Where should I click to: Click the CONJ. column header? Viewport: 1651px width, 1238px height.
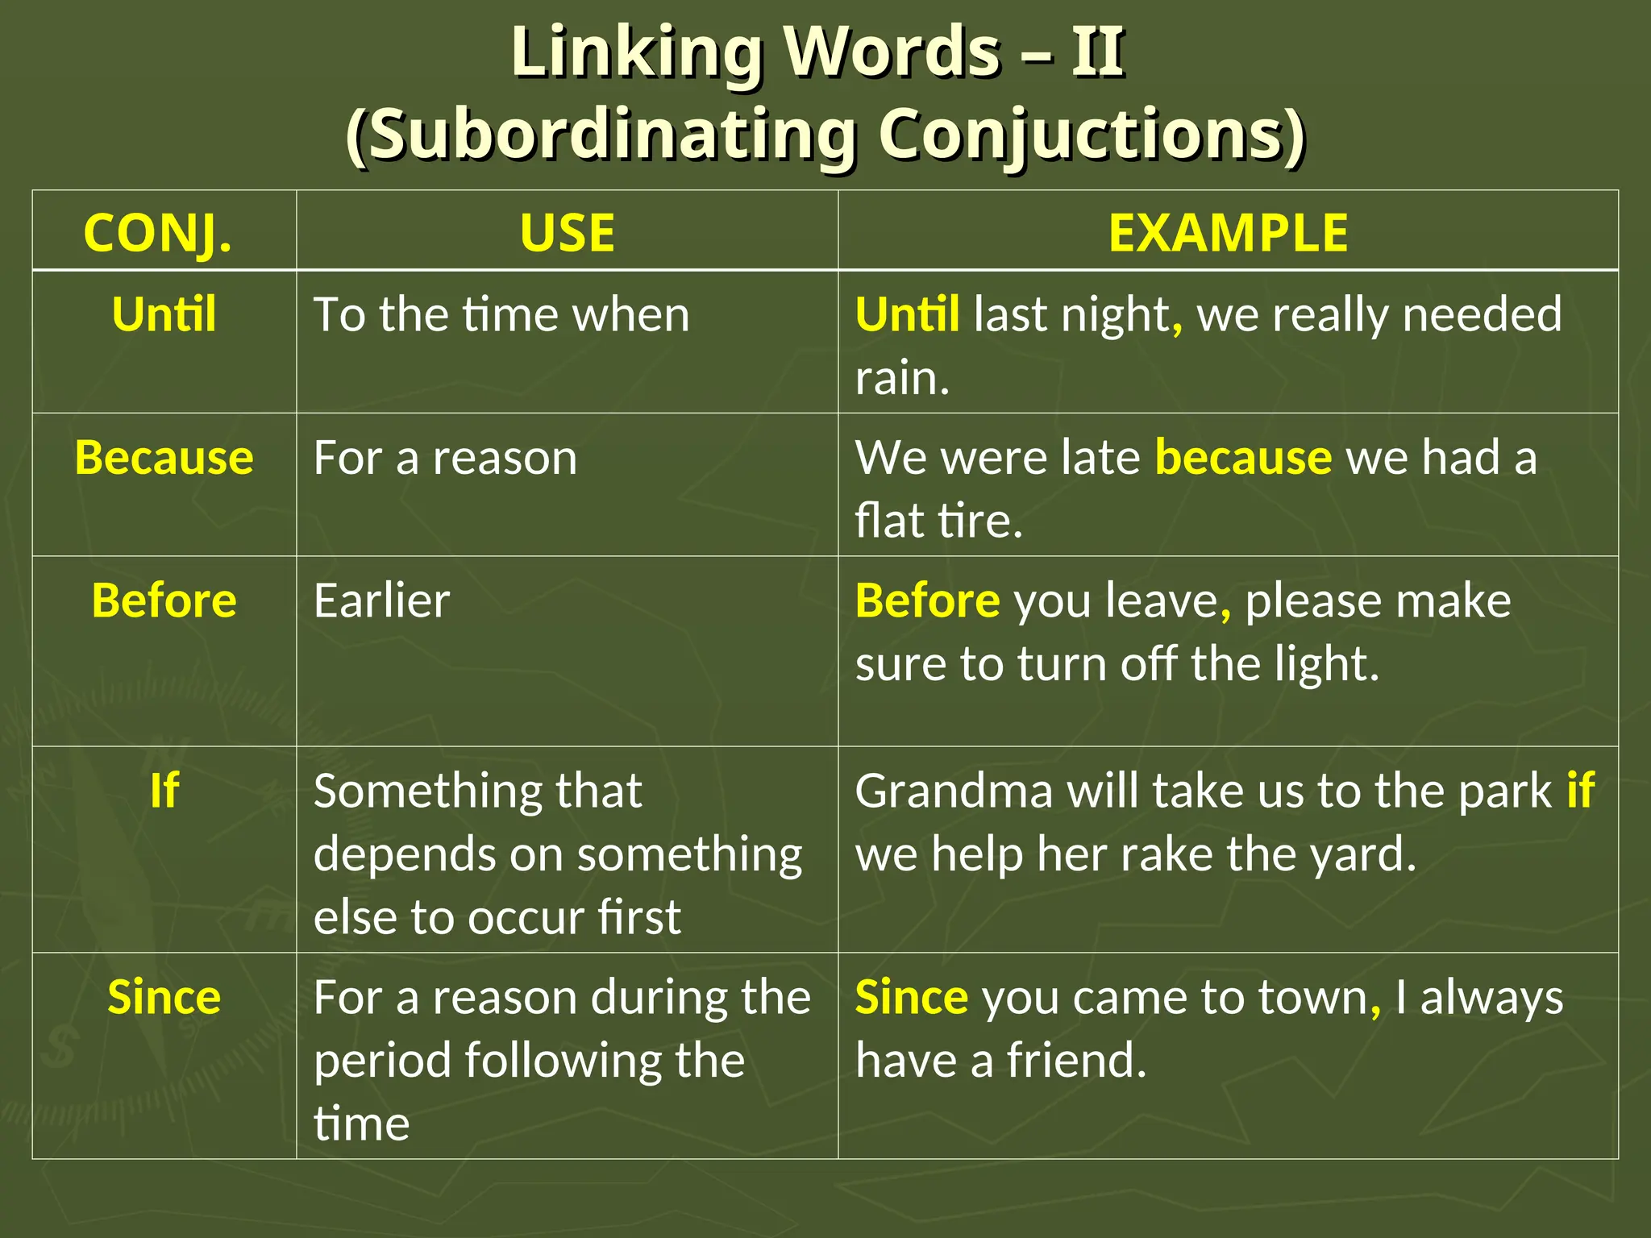[x=158, y=234]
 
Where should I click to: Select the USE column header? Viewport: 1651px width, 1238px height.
[x=568, y=234]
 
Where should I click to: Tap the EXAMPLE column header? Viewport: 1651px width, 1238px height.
[x=1228, y=234]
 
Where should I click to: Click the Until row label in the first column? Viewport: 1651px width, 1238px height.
[x=164, y=314]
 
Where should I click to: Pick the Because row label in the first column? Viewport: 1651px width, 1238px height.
[x=164, y=458]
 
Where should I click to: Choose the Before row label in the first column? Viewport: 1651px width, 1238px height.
[x=164, y=600]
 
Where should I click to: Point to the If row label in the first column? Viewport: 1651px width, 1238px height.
[x=164, y=791]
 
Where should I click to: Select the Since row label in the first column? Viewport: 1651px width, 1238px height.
[x=164, y=998]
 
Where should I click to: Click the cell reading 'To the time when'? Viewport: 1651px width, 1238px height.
[x=501, y=314]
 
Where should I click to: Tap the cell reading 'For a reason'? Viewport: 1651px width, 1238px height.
[x=445, y=458]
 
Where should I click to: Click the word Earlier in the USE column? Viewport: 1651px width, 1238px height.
[x=381, y=600]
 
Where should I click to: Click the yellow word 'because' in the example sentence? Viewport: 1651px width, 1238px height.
[x=1243, y=458]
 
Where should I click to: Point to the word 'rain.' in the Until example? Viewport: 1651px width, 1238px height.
[x=902, y=378]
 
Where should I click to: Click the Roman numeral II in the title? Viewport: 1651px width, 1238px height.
[x=1097, y=52]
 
